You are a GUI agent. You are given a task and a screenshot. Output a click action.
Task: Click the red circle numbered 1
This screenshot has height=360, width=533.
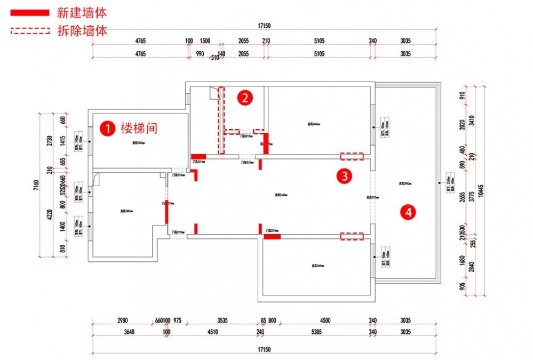click(108, 128)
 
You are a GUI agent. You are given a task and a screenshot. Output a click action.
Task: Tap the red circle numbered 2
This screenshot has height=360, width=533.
click(244, 98)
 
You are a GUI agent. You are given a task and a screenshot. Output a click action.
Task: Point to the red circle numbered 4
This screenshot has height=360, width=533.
click(409, 212)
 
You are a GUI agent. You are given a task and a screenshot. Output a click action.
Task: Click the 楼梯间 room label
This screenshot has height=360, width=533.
click(138, 128)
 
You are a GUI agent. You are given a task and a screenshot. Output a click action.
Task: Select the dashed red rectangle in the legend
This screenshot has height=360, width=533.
click(30, 31)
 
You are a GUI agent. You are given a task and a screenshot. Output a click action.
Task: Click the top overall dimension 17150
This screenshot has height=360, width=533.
click(265, 26)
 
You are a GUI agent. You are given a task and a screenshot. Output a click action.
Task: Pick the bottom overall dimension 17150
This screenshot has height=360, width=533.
click(265, 350)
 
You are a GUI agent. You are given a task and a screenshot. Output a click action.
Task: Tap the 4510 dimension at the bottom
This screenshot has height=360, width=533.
click(212, 332)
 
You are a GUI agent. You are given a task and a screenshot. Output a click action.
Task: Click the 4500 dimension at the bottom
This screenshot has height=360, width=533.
click(325, 321)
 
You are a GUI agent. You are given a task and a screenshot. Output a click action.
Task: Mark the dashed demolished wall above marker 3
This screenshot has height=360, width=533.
click(352, 156)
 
